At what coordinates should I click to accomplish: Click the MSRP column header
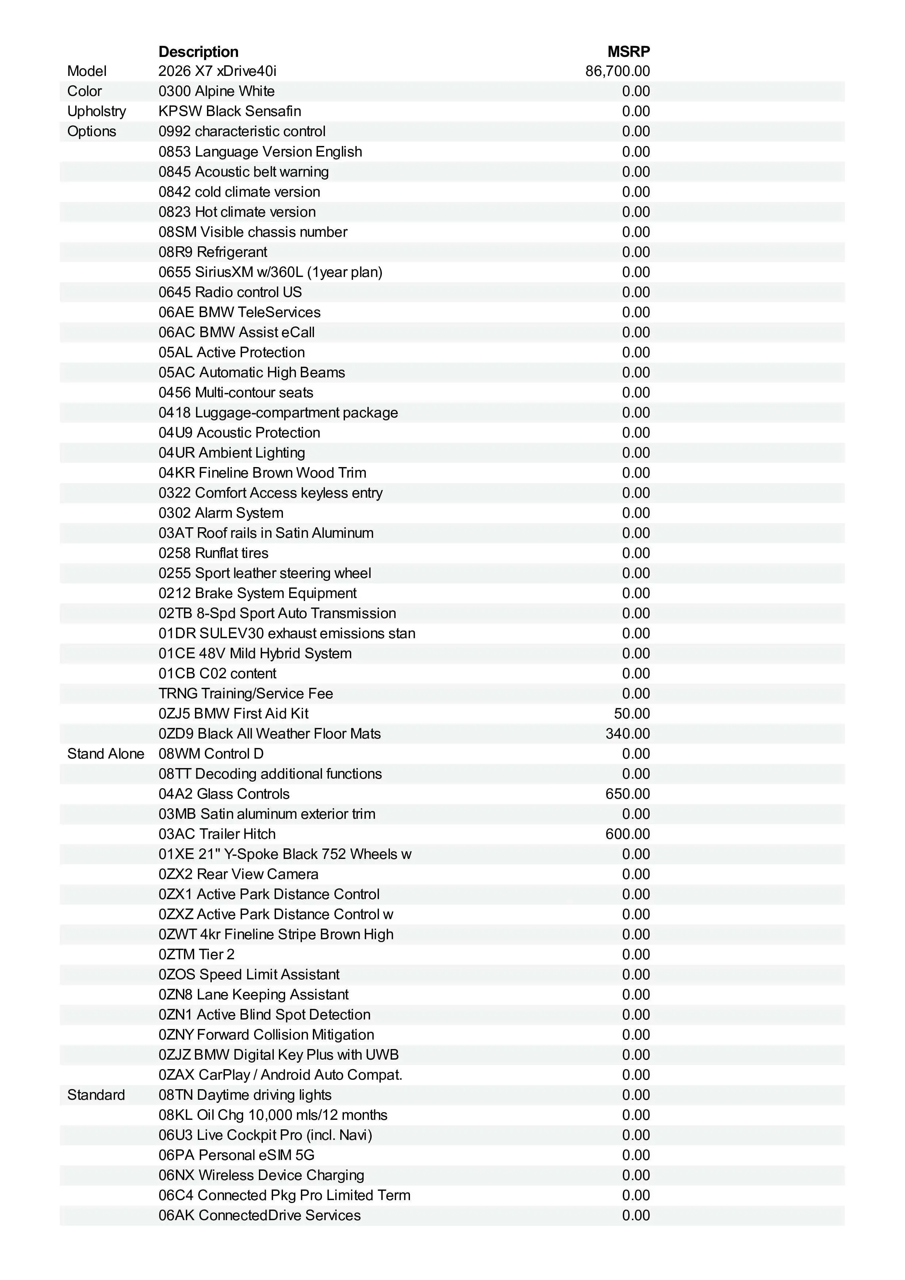[x=628, y=52]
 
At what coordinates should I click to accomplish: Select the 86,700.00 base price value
[x=617, y=72]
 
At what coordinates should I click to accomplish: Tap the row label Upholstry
[x=96, y=112]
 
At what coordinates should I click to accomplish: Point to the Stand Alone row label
[x=106, y=754]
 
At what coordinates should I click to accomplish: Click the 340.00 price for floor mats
[x=627, y=734]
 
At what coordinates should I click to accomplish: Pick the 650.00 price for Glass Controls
[x=627, y=794]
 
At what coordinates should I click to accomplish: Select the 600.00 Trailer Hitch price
[x=627, y=834]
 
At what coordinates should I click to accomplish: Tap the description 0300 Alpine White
[x=216, y=92]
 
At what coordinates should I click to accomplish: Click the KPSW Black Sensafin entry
[x=229, y=112]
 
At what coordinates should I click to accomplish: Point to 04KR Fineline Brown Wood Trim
[x=262, y=473]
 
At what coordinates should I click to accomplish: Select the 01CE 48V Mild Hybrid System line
[x=255, y=654]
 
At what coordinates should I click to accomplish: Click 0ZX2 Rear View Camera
[x=238, y=874]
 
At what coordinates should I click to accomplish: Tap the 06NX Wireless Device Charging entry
[x=261, y=1175]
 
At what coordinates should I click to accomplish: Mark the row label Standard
[x=96, y=1095]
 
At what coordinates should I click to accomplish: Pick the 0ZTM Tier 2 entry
[x=196, y=955]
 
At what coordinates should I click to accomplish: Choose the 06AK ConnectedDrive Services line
[x=259, y=1215]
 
